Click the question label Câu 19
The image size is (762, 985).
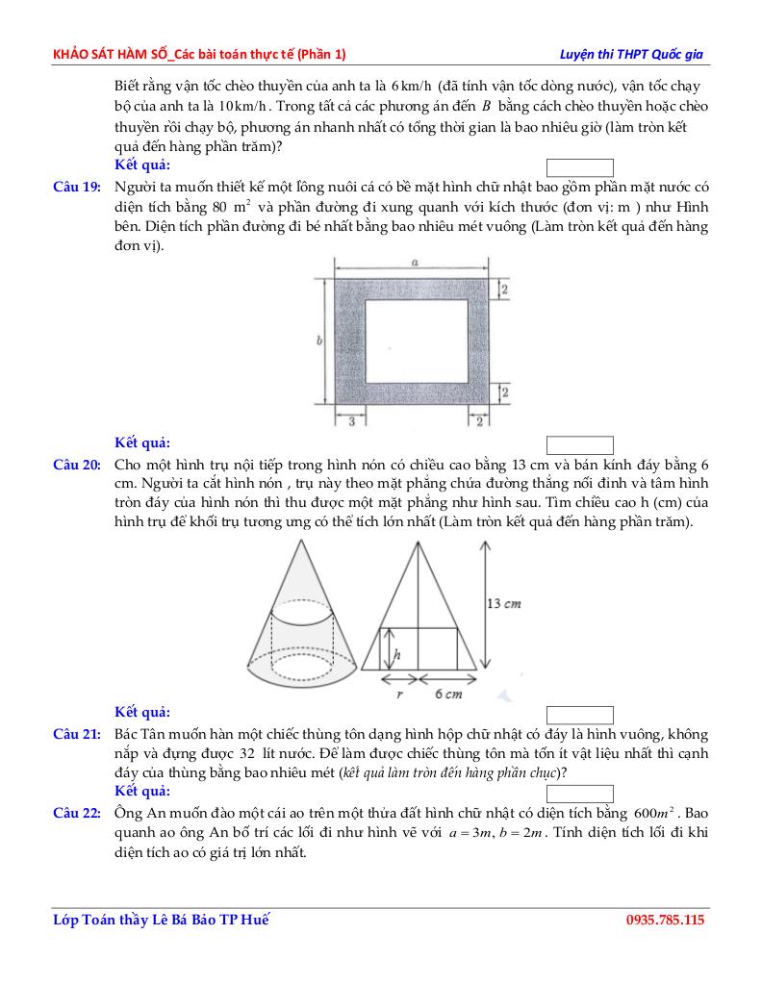[77, 187]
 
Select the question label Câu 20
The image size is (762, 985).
[77, 465]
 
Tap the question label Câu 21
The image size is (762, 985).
[77, 735]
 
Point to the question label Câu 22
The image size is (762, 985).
[77, 813]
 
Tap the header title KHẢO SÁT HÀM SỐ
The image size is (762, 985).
[114, 54]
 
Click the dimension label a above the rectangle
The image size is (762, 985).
[413, 262]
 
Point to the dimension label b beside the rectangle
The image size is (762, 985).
[318, 341]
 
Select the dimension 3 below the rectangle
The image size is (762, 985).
[352, 420]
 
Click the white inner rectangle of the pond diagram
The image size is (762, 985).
[417, 341]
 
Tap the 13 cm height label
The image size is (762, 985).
[503, 604]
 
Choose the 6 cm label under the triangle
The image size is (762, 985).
[448, 694]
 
